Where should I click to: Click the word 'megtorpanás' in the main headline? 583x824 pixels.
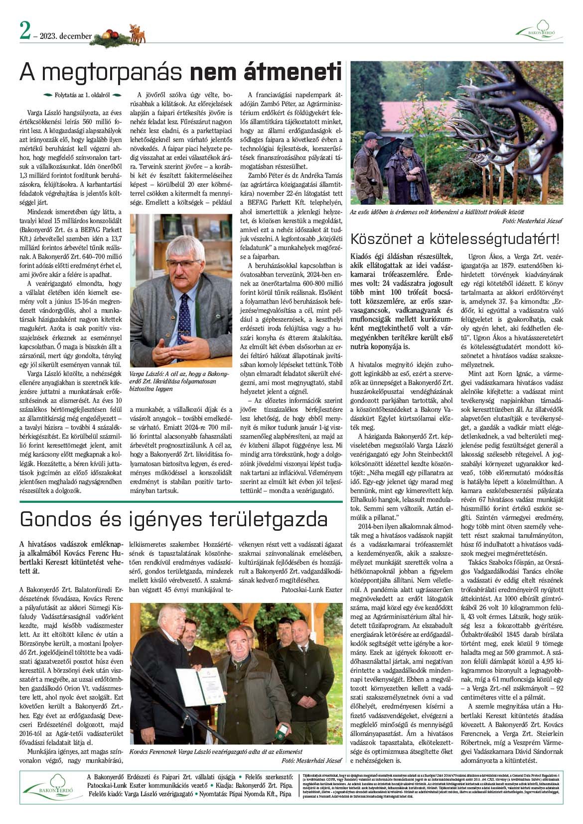(103, 72)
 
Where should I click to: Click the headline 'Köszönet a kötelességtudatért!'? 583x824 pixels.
(455, 238)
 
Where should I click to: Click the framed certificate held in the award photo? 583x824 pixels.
(200, 687)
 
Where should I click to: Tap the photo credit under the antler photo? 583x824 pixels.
(532, 221)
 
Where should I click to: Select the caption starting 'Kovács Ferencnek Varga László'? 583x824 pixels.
(215, 751)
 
